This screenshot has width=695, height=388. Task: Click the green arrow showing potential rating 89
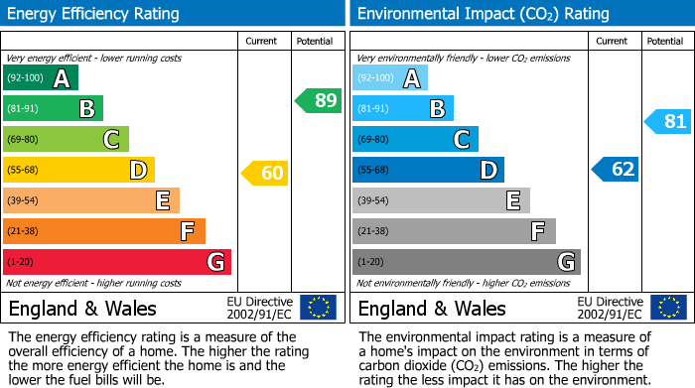pyautogui.click(x=318, y=100)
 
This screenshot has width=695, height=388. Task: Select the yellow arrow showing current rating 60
pyautogui.click(x=264, y=173)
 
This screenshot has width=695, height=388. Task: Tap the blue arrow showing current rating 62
pyautogui.click(x=615, y=169)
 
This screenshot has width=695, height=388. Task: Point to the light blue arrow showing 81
pyautogui.click(x=667, y=122)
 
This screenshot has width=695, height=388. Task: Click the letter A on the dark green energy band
pyautogui.click(x=62, y=78)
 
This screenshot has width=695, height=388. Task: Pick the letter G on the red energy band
pyautogui.click(x=214, y=262)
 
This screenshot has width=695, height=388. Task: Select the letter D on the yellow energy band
pyautogui.click(x=138, y=170)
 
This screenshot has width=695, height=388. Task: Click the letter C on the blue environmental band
pyautogui.click(x=462, y=139)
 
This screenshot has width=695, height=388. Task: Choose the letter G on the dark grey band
pyautogui.click(x=565, y=262)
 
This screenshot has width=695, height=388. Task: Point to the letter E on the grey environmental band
pyautogui.click(x=513, y=200)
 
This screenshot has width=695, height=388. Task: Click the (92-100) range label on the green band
pyautogui.click(x=25, y=78)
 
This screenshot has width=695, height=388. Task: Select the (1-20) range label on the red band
pyautogui.click(x=20, y=262)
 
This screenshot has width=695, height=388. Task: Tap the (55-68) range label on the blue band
pyautogui.click(x=374, y=170)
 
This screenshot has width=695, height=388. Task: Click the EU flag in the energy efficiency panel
pyautogui.click(x=318, y=307)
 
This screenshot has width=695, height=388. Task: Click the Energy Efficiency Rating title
pyautogui.click(x=94, y=14)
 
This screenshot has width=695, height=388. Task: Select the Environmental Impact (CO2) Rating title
pyautogui.click(x=483, y=14)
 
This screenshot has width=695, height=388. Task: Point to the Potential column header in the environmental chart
pyautogui.click(x=664, y=41)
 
